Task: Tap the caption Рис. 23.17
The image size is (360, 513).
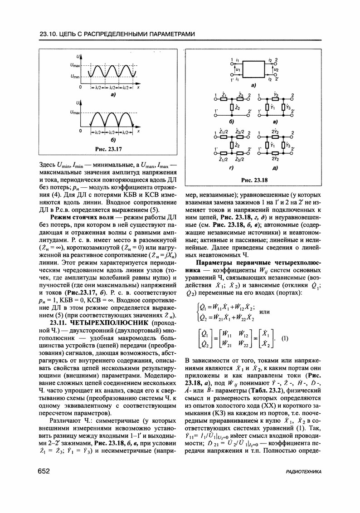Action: (108, 149)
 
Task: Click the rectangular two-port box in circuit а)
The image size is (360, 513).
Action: (252, 68)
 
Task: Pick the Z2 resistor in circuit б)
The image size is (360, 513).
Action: (233, 107)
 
